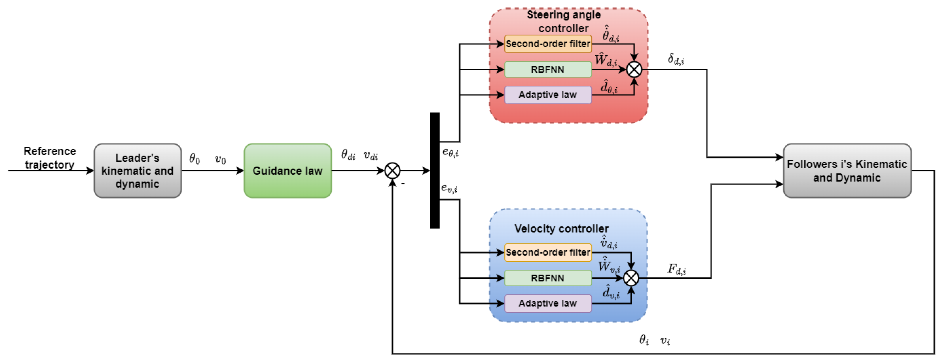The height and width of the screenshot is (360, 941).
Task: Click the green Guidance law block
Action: coord(288,171)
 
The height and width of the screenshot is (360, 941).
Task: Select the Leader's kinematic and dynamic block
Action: coord(137,171)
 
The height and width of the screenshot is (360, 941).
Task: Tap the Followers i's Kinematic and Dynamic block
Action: coord(847,171)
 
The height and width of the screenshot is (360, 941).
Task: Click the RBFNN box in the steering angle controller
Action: coord(548,69)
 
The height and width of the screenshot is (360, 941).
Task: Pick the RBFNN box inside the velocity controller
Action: coord(548,278)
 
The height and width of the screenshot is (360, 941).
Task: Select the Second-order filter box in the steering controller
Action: coord(548,44)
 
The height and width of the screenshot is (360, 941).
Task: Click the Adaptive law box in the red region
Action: coord(548,95)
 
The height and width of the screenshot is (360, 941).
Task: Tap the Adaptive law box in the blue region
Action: coord(548,303)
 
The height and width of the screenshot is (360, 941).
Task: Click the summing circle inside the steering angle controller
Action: coord(634,69)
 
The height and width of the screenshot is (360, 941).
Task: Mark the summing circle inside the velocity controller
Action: coord(631,278)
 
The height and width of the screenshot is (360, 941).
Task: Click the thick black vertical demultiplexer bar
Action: coord(435,171)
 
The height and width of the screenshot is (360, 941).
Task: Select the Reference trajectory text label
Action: coord(50,158)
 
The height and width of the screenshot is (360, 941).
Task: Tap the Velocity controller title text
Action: coord(561,229)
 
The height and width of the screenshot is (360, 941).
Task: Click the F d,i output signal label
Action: coord(677,270)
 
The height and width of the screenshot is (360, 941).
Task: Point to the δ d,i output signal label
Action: coord(676,59)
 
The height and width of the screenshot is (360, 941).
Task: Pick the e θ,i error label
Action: coord(450,152)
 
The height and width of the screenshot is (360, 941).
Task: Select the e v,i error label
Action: coord(449,188)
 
